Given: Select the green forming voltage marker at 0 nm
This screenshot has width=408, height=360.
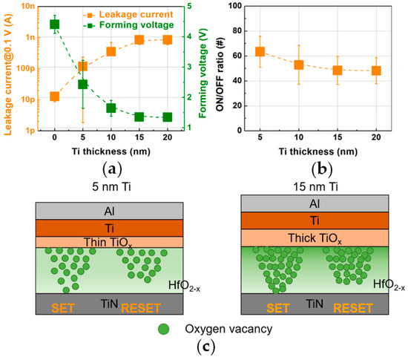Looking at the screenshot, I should (54, 24).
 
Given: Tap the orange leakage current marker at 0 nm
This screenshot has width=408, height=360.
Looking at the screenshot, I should (54, 96).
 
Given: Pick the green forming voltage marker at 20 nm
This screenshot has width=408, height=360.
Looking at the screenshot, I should (168, 117).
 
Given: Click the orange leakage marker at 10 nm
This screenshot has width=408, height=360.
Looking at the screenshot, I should (111, 51).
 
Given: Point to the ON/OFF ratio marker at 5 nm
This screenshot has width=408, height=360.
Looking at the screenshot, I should (260, 52).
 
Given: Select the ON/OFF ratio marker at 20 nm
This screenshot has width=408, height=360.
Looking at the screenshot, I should (376, 71).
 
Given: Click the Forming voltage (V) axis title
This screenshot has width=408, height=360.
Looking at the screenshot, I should (203, 68).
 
